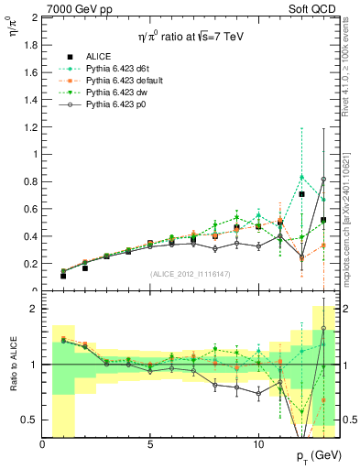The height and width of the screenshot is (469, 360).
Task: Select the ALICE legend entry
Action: coord(100,56)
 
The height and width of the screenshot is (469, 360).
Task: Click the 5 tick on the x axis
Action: coord(150,443)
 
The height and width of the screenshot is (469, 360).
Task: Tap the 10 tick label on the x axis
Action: coord(257,443)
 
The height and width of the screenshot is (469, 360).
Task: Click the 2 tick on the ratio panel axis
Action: coord(34,309)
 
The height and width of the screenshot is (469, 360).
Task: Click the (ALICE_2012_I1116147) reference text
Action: coord(191,274)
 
